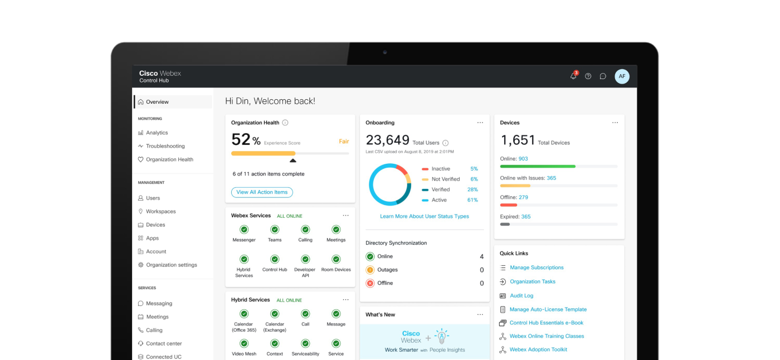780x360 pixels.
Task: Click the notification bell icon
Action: [x=573, y=76]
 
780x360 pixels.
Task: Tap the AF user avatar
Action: [x=622, y=76]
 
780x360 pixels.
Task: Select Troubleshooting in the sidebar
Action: [x=165, y=146]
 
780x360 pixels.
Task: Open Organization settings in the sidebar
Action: [x=171, y=265]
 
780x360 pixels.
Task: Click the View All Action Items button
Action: [x=262, y=192]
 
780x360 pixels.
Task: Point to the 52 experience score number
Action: [x=241, y=139]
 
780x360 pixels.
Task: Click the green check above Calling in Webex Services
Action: [x=305, y=230]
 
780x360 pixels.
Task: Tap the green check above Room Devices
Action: [x=336, y=259]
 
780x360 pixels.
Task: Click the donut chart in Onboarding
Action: [x=389, y=184]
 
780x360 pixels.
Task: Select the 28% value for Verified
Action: [x=472, y=189]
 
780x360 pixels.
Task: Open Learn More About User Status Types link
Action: [x=424, y=216]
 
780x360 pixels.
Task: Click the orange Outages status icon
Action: [x=370, y=270]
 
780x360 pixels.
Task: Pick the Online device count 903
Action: [x=523, y=159]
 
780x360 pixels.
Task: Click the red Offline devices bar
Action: [x=509, y=205]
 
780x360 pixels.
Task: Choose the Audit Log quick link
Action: [x=521, y=296]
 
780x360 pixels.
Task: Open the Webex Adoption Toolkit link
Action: [x=538, y=349]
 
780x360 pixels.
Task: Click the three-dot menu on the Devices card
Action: [x=615, y=123]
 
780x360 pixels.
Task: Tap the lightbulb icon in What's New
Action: [x=442, y=336]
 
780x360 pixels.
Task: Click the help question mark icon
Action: [x=588, y=76]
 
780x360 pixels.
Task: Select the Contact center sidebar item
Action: [x=164, y=343]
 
